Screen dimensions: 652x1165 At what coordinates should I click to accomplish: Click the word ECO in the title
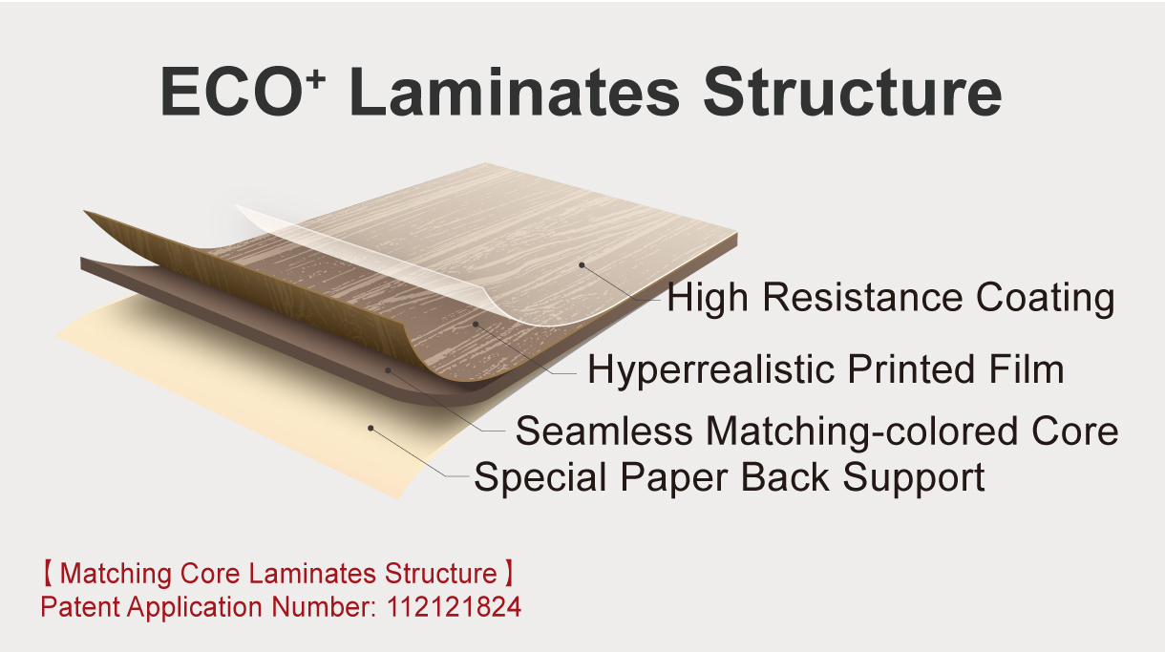point(225,92)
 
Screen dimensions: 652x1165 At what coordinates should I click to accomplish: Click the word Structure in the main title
point(852,92)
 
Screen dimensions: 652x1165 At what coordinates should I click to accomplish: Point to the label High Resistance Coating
point(890,298)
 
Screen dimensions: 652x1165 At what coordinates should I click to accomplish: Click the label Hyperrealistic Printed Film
point(825,368)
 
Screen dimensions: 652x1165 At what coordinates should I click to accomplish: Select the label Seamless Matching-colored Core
point(816,431)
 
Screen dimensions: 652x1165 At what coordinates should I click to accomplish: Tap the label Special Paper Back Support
point(730,476)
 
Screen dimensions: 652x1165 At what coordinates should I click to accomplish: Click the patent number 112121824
point(455,607)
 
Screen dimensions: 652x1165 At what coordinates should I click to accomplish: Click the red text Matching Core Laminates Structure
point(278,575)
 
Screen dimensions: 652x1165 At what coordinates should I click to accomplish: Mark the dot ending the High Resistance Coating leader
point(580,263)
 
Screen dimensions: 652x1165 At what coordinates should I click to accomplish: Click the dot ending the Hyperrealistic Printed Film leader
point(475,324)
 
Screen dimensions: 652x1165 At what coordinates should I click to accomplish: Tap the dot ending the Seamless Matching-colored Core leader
point(388,368)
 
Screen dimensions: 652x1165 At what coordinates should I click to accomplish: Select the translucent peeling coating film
point(382,258)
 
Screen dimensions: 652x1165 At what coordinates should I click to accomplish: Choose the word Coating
point(1045,298)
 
